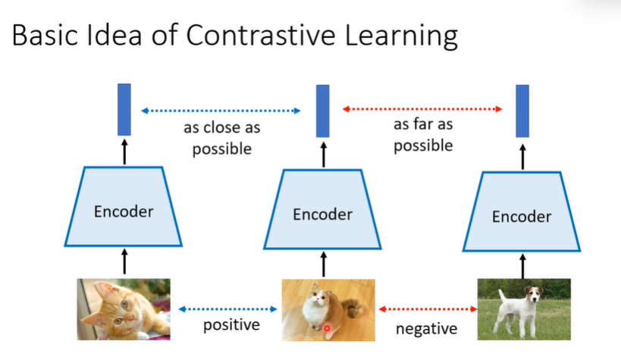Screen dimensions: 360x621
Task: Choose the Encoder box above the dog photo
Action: coord(522,217)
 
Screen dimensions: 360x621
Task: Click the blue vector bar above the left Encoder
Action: coord(124,111)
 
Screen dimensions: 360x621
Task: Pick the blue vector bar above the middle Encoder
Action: coord(323,111)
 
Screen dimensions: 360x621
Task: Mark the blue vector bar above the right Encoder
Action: coord(522,111)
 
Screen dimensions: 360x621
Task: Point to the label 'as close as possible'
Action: coord(221,139)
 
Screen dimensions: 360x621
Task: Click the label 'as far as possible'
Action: coord(423,134)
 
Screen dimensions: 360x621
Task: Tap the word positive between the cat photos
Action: coord(231,326)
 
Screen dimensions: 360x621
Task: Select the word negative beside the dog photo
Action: coord(427,329)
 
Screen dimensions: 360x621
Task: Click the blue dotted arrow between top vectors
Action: coord(221,111)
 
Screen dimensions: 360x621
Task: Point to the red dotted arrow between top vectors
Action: coord(422,110)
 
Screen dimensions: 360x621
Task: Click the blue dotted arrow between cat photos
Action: coord(228,309)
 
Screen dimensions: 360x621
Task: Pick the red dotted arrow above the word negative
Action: coord(426,309)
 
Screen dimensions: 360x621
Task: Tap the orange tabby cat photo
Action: coord(124,308)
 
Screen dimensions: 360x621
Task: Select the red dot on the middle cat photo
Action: coord(327,328)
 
